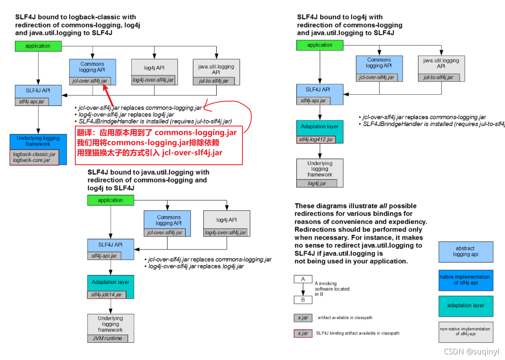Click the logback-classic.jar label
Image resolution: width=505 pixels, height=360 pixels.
pyautogui.click(x=34, y=154)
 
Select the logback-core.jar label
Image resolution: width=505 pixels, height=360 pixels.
pyautogui.click(x=32, y=160)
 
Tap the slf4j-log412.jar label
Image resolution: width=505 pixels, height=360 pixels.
pyautogui.click(x=316, y=139)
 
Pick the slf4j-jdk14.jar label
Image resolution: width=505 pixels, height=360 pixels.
pyautogui.click(x=106, y=295)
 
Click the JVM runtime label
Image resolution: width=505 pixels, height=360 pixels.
pyautogui.click(x=107, y=338)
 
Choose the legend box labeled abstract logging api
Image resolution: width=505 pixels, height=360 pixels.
pyautogui.click(x=466, y=252)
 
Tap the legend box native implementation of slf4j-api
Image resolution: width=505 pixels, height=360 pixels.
pyautogui.click(x=466, y=280)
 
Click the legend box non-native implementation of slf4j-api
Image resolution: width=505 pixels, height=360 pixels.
pyautogui.click(x=466, y=331)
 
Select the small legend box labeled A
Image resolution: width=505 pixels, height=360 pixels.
pyautogui.click(x=303, y=279)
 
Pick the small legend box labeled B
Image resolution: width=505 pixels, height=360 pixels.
pyautogui.click(x=303, y=300)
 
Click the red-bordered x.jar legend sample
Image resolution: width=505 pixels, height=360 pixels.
pyautogui.click(x=303, y=333)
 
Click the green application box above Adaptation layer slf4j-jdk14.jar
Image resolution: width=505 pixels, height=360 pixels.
pyautogui.click(x=110, y=200)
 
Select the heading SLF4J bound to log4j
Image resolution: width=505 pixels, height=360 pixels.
pyautogui.click(x=340, y=17)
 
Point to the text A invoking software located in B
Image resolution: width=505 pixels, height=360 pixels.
pyautogui.click(x=332, y=289)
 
